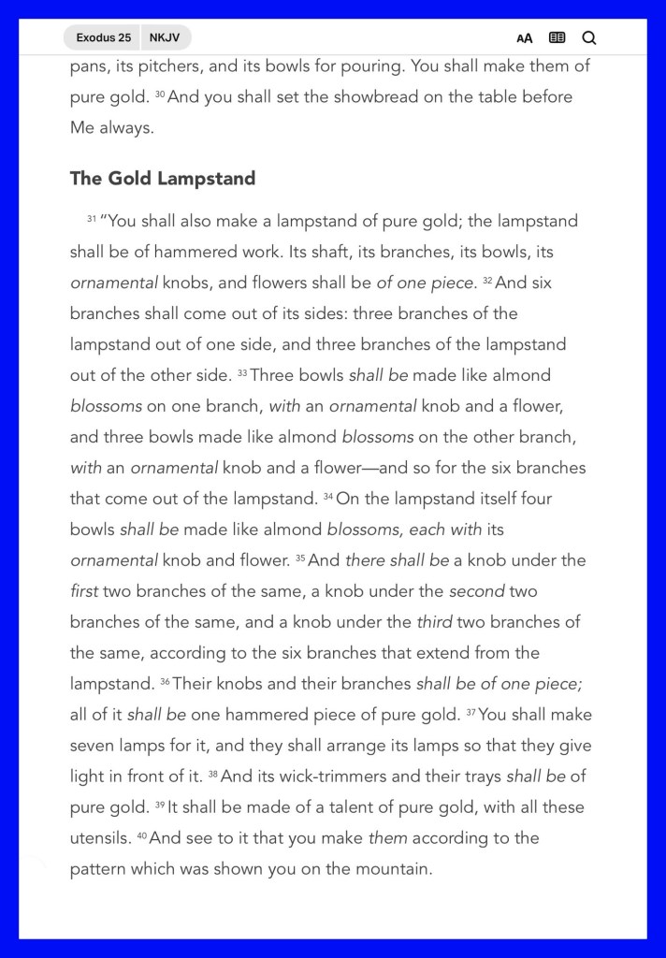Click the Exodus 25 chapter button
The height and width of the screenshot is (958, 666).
tap(103, 38)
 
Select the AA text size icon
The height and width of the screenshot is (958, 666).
tap(525, 38)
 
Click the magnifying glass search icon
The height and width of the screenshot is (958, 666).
tap(588, 38)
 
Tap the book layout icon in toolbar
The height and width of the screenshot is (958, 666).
tap(557, 38)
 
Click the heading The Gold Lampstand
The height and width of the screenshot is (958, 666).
tap(163, 179)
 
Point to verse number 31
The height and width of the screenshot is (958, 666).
tap(92, 219)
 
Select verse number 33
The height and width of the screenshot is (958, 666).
tap(241, 372)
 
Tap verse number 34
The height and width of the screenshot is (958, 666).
tap(328, 496)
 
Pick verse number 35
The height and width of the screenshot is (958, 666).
tap(300, 558)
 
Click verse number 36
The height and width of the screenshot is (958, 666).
tap(165, 681)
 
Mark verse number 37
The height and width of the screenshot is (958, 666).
tap(471, 712)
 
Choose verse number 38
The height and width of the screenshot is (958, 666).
tap(212, 774)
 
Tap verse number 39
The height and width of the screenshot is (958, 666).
tap(160, 805)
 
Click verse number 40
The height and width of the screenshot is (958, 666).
tap(141, 835)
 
